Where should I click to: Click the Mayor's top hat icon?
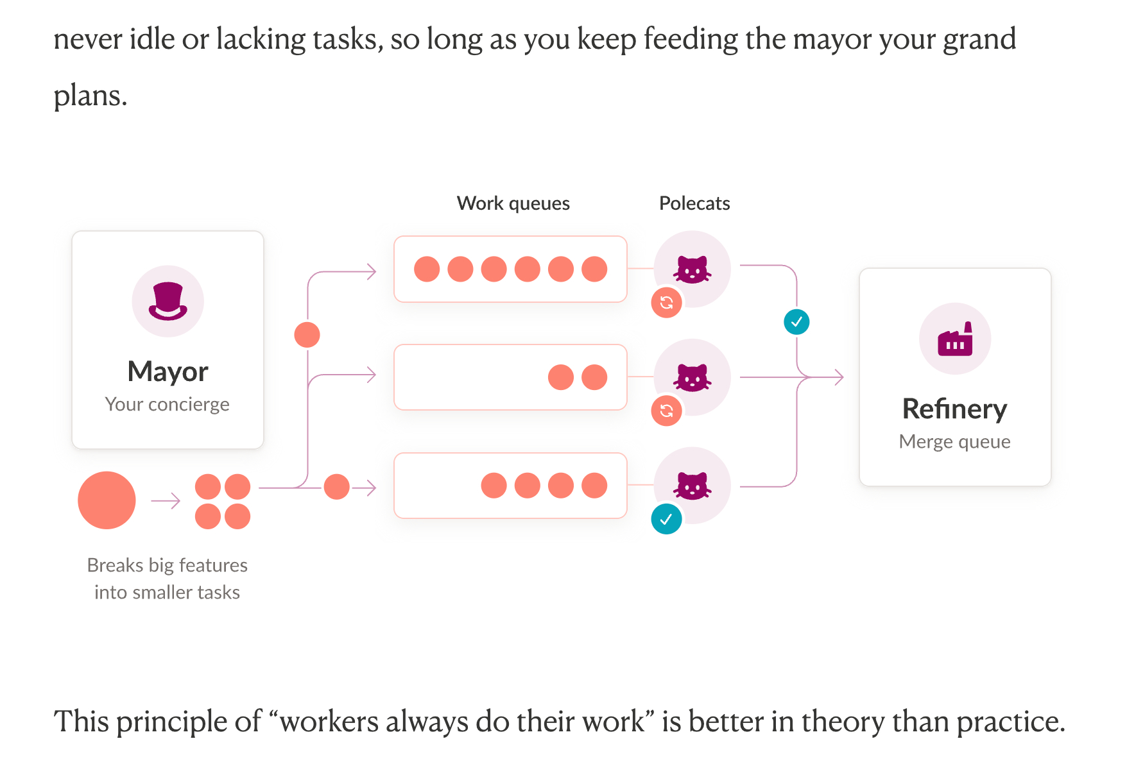[x=168, y=301]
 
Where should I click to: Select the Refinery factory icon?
[x=954, y=339]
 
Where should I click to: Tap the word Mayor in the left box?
[x=168, y=371]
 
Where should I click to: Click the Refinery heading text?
[x=954, y=409]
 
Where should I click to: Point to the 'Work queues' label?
[x=513, y=203]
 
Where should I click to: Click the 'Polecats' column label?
[x=694, y=203]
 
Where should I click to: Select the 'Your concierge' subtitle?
[x=167, y=404]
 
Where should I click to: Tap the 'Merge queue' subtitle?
[x=954, y=441]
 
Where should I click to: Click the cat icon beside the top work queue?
[x=692, y=269]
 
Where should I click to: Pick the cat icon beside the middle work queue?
[x=692, y=377]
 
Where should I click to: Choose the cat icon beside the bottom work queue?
[x=692, y=486]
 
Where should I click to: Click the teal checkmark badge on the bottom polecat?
[x=666, y=519]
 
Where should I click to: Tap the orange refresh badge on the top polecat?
[x=666, y=303]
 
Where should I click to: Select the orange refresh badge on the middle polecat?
[x=666, y=411]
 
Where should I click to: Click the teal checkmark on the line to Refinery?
[x=796, y=322]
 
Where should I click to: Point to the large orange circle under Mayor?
[x=107, y=500]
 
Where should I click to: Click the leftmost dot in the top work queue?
[x=427, y=269]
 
